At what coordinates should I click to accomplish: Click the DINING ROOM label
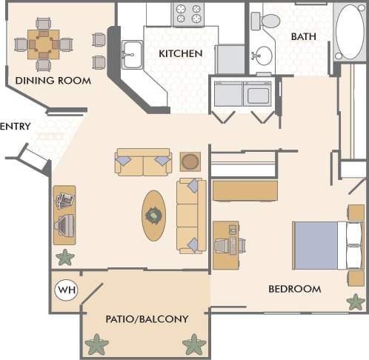53,80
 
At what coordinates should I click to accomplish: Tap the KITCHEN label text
180,53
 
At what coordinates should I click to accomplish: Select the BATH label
304,36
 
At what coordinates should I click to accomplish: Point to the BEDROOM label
294,289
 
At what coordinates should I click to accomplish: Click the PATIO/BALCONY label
146,319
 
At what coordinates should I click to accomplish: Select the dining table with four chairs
44,44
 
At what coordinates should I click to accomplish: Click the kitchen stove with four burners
187,14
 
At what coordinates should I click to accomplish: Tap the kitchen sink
133,55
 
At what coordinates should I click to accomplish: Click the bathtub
350,32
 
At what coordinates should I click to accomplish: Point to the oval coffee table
154,216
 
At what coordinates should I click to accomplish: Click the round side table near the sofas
190,161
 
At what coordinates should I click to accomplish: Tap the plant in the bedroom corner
356,302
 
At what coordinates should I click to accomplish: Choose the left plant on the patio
96,344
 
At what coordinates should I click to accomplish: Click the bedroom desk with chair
228,244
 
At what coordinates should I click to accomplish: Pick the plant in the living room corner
65,258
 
